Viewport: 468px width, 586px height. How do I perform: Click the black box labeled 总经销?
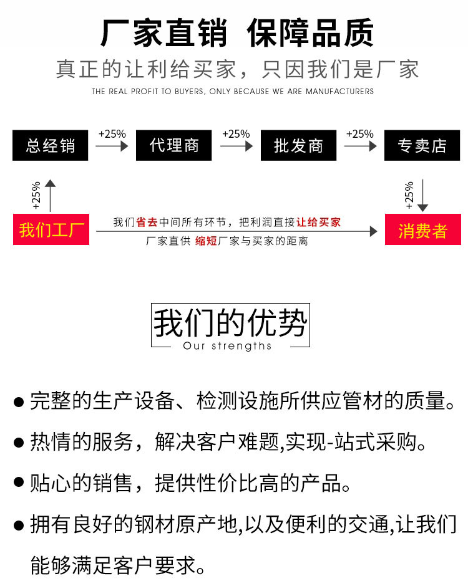50,145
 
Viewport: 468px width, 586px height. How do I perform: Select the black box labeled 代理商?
173,145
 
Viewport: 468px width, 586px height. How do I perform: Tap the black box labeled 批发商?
298,145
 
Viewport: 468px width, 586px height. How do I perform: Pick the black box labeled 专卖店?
422,145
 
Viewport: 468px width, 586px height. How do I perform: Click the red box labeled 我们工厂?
51,229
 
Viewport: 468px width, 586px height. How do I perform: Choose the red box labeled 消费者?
422,229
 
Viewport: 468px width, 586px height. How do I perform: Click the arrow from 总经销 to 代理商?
112,146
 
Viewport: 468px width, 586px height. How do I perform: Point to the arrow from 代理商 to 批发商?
236,146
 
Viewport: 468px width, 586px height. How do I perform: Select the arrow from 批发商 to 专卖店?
360,146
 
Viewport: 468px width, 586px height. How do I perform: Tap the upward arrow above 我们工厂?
50,196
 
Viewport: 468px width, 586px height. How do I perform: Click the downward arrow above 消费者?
422,196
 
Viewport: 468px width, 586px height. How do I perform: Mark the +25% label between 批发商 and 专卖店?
360,134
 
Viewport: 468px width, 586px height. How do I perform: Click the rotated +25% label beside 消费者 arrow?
409,195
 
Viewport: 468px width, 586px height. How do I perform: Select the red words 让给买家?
318,223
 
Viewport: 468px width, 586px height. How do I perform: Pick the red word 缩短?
206,241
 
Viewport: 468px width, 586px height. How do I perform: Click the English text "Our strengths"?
227,346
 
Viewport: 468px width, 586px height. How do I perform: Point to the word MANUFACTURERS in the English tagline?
339,92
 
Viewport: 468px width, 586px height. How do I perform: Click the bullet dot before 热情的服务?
19,443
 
